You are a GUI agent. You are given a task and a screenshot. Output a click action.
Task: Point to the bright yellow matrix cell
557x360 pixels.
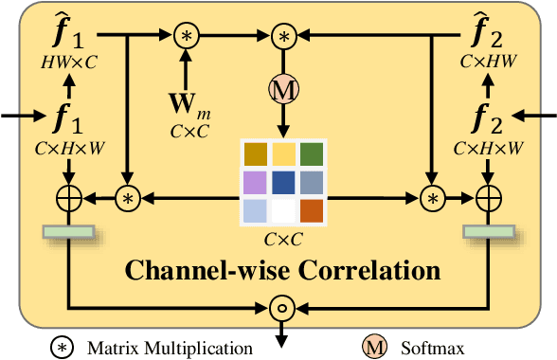tap(283, 154)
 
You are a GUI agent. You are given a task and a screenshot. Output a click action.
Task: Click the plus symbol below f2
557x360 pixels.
tap(488, 198)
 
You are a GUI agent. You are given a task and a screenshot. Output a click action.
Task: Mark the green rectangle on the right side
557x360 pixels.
tap(488, 231)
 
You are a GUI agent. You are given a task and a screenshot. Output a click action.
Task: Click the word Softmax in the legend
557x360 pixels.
tap(426, 348)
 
